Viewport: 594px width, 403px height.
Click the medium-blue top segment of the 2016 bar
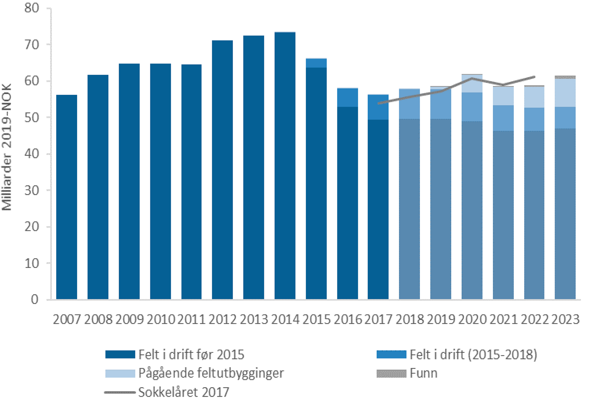(x=347, y=97)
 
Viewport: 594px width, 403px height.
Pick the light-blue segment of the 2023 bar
(x=565, y=93)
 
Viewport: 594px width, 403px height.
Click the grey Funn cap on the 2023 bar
(x=565, y=77)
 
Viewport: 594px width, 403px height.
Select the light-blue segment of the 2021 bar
(x=503, y=96)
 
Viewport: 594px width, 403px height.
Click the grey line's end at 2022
(x=534, y=77)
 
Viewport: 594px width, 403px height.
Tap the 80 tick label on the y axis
(x=32, y=8)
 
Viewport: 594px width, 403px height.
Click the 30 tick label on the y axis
(x=32, y=190)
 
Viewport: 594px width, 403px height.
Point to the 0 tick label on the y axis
(x=35, y=299)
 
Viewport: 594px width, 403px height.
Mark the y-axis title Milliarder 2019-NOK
(x=7, y=147)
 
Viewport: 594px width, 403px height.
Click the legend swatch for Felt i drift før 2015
(x=120, y=354)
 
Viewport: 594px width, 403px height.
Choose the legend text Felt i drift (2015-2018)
(x=473, y=354)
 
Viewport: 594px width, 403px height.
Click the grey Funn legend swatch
(x=391, y=373)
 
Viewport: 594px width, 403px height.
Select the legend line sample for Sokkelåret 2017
(x=120, y=392)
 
